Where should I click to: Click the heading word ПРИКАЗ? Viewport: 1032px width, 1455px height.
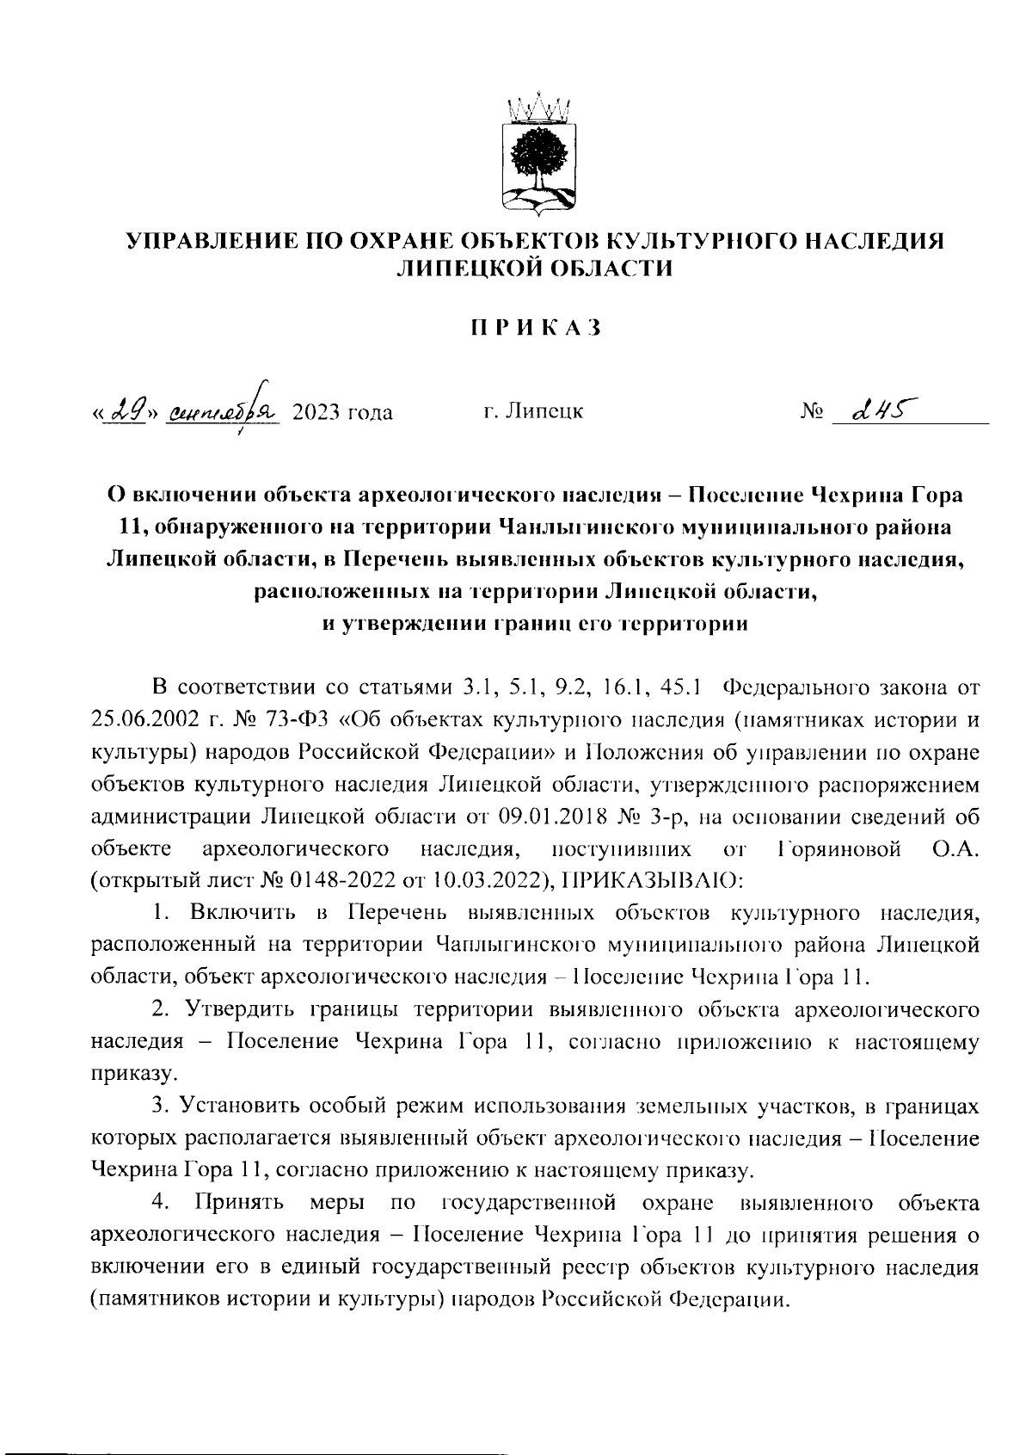533,328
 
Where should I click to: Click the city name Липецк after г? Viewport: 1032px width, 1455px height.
544,413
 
